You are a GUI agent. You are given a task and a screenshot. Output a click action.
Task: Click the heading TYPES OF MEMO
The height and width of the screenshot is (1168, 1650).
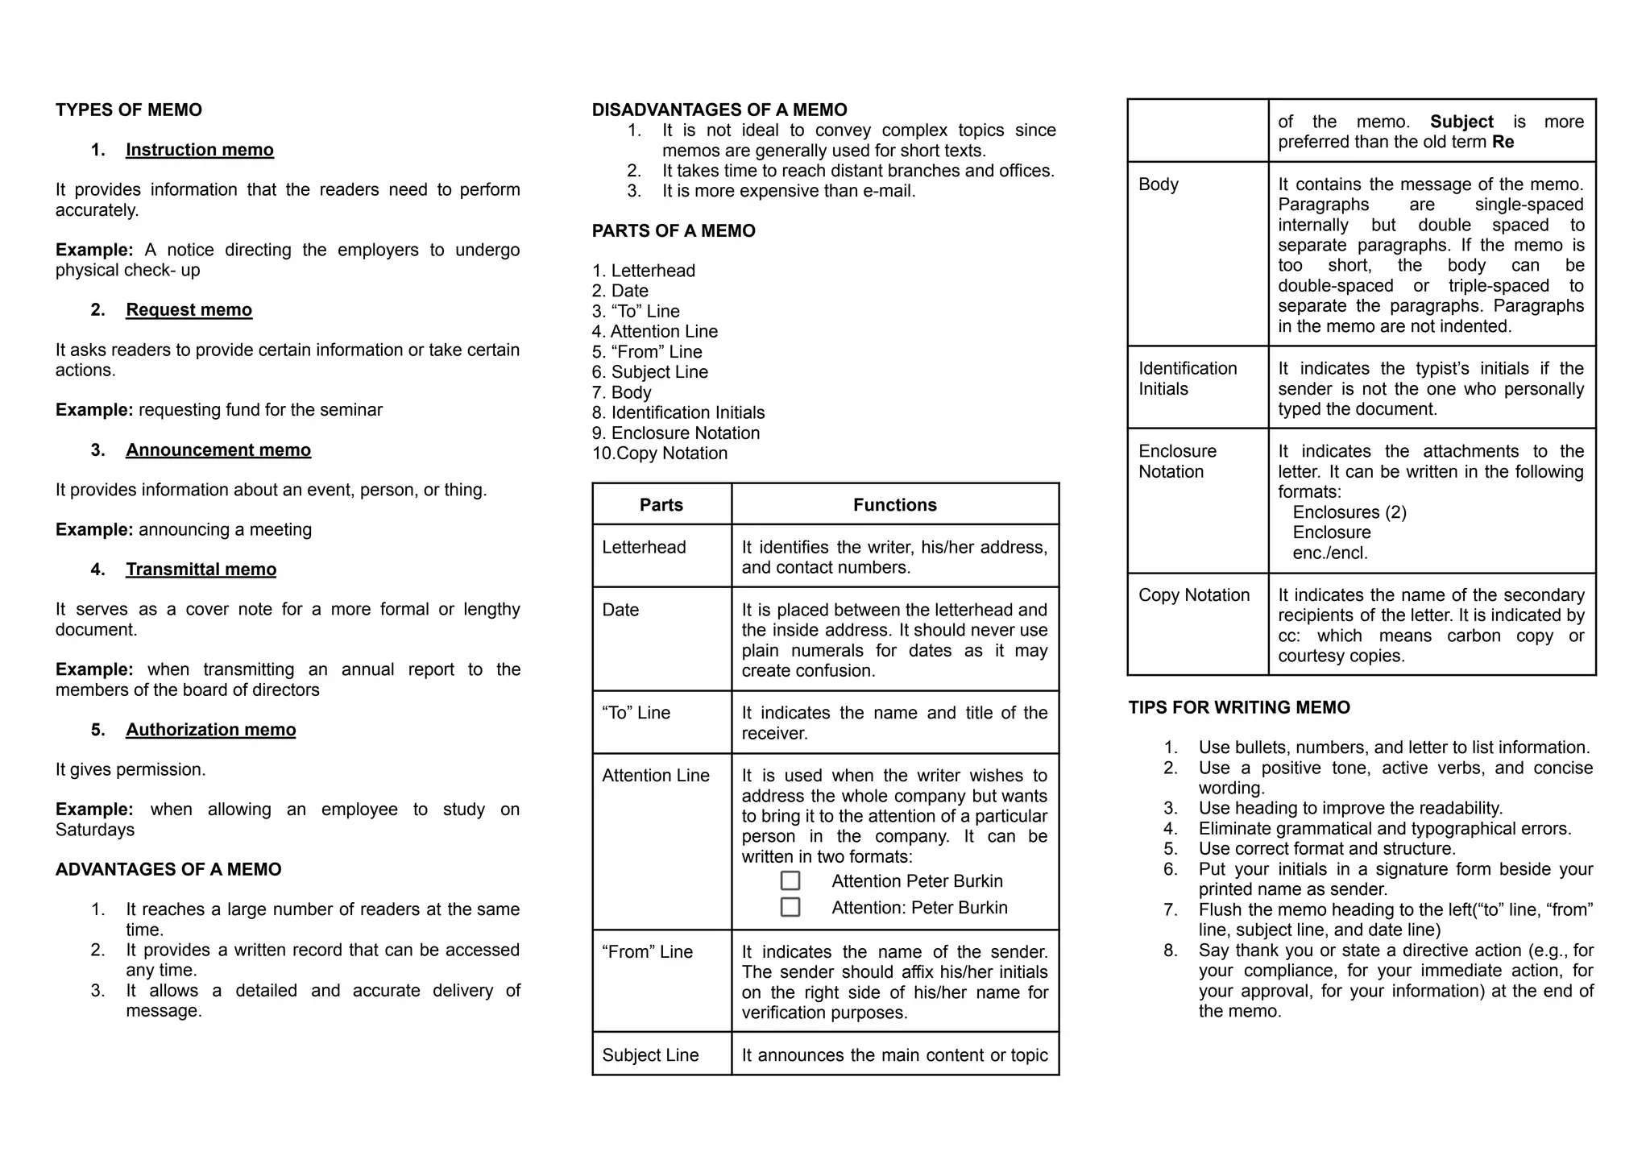[x=129, y=110]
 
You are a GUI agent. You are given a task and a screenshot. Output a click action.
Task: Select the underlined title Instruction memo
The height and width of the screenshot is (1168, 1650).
[x=199, y=150]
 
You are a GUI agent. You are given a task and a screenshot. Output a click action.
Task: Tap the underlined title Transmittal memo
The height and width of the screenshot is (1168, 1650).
[x=201, y=570]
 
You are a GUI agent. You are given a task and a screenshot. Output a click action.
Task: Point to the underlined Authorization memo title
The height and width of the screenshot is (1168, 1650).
[x=210, y=730]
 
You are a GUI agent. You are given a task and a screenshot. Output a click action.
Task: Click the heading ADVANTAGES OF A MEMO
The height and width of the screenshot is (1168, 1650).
[x=168, y=870]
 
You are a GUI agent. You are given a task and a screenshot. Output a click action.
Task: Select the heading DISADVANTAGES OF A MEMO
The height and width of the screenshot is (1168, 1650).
[x=719, y=110]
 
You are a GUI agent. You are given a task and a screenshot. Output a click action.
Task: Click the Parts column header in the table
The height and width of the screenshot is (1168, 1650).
[x=661, y=505]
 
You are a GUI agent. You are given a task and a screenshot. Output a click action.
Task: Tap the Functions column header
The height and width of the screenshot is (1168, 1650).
[x=894, y=505]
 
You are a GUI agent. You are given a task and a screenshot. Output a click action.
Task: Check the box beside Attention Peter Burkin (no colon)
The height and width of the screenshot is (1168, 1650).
[x=790, y=880]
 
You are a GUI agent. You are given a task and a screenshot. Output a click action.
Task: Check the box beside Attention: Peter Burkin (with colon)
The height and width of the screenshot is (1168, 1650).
[x=790, y=907]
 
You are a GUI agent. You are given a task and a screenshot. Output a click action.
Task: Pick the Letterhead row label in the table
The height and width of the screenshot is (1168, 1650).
[x=644, y=548]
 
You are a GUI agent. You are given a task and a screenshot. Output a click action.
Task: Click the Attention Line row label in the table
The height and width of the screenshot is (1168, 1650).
[x=655, y=776]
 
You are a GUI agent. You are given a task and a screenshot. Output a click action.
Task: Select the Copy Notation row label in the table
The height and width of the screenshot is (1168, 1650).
[x=1193, y=595]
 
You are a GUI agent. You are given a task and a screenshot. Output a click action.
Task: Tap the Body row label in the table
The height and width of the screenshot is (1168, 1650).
[x=1158, y=184]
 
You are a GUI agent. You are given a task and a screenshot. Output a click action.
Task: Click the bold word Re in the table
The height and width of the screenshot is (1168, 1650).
[x=1503, y=143]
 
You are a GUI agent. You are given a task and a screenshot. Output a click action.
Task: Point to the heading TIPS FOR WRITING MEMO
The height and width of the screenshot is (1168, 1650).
[x=1238, y=708]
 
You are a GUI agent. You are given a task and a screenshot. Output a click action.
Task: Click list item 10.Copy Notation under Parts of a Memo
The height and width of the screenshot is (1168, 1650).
[x=660, y=454]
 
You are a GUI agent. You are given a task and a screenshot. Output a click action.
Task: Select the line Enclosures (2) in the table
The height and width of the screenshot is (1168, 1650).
[x=1349, y=512]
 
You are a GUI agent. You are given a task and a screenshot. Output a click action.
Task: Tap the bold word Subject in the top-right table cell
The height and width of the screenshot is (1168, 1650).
[x=1461, y=122]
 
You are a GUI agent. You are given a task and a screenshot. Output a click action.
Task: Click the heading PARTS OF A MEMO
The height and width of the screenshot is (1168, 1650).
[x=674, y=231]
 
